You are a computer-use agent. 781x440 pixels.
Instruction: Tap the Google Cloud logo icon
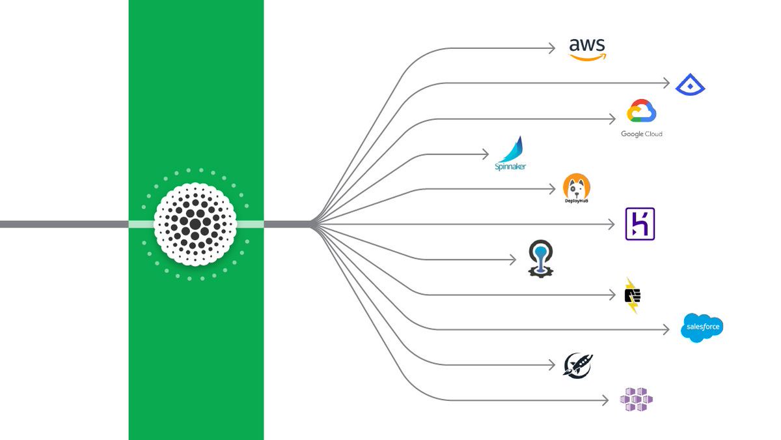coord(641,111)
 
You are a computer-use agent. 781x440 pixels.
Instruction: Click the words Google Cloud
coord(641,134)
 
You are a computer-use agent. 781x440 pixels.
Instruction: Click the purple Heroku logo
coord(640,224)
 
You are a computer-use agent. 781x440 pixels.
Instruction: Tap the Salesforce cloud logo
coord(702,327)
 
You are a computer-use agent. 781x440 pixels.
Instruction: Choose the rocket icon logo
coord(578,366)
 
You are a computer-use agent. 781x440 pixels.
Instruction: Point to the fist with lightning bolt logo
coord(632,295)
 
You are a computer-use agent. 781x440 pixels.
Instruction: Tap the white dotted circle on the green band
coord(195,224)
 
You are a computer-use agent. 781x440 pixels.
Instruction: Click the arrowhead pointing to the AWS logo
coord(551,48)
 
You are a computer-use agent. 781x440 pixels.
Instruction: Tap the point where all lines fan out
coord(313,224)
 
